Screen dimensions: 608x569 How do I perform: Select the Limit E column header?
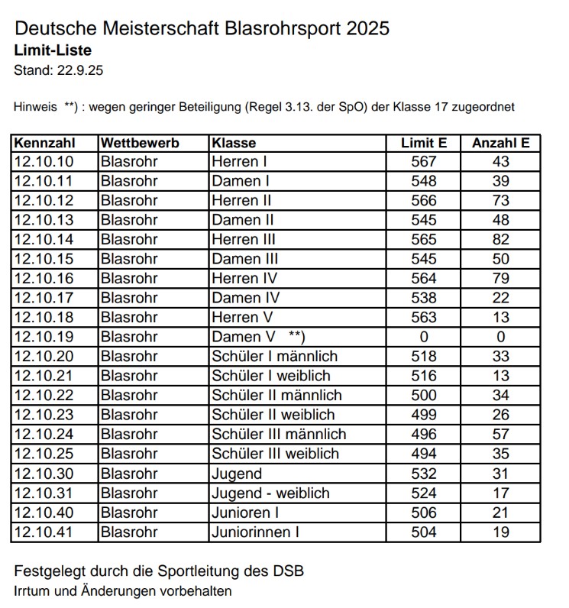[x=424, y=143]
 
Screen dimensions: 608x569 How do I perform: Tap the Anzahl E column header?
[x=501, y=143]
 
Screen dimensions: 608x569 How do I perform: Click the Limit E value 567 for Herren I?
[x=424, y=162]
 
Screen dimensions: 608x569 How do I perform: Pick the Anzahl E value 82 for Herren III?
[x=501, y=240]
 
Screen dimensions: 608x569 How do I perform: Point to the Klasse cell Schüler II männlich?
[x=276, y=396]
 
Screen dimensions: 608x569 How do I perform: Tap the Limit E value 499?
[x=424, y=415]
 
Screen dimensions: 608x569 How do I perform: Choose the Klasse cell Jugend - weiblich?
[x=270, y=493]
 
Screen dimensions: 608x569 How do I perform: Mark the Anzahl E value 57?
[x=501, y=435]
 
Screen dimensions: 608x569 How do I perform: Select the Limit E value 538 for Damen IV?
[x=424, y=298]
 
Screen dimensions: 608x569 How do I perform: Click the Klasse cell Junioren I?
[x=245, y=513]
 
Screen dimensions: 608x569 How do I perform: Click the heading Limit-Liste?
[x=53, y=50]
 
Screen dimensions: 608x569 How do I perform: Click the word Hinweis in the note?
[x=35, y=107]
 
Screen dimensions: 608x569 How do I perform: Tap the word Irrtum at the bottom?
[x=33, y=591]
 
